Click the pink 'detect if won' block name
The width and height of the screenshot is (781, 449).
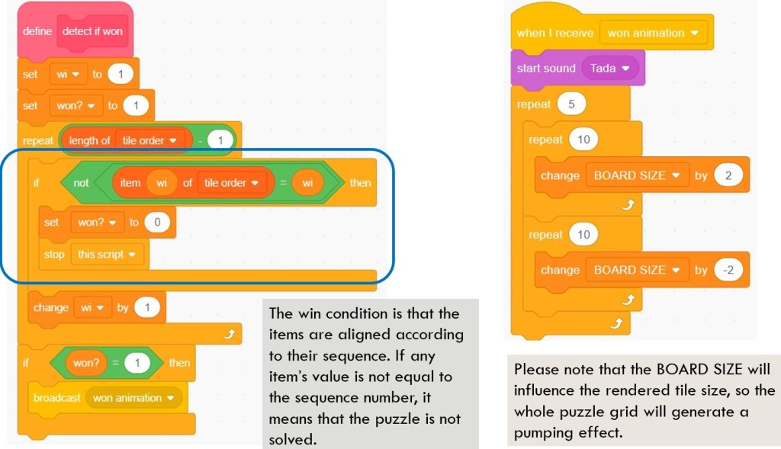pos(92,31)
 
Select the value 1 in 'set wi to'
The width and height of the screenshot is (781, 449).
pos(120,74)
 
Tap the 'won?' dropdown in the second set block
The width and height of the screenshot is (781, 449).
pos(76,105)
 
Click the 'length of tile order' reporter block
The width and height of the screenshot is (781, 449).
pos(126,140)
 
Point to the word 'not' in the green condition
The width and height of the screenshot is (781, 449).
pos(81,183)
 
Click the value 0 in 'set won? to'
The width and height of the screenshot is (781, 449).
pos(157,222)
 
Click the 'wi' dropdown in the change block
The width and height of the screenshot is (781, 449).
pos(92,308)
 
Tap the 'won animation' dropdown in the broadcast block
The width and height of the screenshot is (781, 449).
pos(133,398)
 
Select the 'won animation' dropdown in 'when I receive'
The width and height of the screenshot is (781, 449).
pos(653,33)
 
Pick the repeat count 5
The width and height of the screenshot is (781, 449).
pos(571,104)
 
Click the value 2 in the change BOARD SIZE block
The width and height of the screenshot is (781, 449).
pos(728,175)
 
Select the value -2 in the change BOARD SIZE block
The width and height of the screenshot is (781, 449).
pos(728,270)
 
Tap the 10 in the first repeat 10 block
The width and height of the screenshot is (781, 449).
pos(583,140)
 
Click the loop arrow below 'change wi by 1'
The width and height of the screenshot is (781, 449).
pos(229,334)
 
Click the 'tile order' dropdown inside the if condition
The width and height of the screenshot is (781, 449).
pos(231,183)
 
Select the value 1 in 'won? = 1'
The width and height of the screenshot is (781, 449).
pos(137,363)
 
